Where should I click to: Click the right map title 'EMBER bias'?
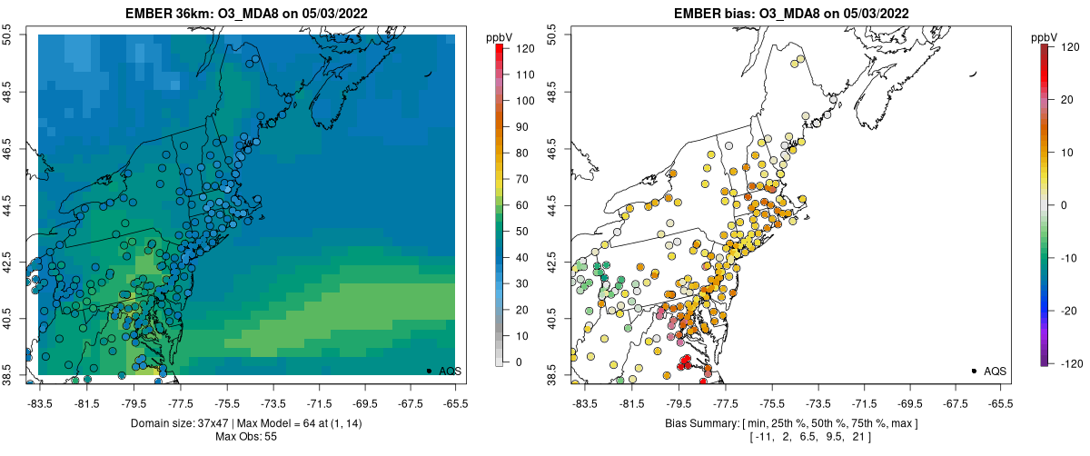[x=717, y=13]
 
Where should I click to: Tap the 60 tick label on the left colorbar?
[x=517, y=205]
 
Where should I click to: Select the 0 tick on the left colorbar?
[x=517, y=362]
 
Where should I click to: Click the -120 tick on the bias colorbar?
[x=1064, y=362]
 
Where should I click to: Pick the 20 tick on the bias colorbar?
[x=1064, y=101]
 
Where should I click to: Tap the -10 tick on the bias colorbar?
[x=1064, y=258]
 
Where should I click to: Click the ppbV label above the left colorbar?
[x=500, y=37]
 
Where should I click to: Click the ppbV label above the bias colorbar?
[x=1045, y=37]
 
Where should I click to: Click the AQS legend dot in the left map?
[x=428, y=371]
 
